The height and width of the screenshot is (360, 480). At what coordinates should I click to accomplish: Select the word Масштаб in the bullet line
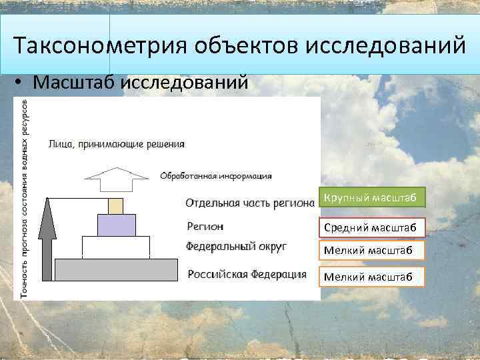pos(75,83)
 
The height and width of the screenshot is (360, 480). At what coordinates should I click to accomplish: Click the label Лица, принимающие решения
pos(117,144)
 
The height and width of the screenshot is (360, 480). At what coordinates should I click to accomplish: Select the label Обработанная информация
pos(215,176)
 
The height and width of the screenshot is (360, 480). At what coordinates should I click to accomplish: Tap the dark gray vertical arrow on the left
pos(46,240)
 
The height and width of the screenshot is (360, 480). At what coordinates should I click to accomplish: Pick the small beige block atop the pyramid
pos(116,205)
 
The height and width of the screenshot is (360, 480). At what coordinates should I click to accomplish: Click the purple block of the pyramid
pos(116,225)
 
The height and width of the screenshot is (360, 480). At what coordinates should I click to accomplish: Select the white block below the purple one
pos(116,247)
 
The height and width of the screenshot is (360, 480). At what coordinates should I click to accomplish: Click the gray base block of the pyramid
pos(116,269)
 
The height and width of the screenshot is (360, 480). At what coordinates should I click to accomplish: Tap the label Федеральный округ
pos(236,246)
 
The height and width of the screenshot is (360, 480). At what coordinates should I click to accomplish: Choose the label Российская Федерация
pos(247,274)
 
